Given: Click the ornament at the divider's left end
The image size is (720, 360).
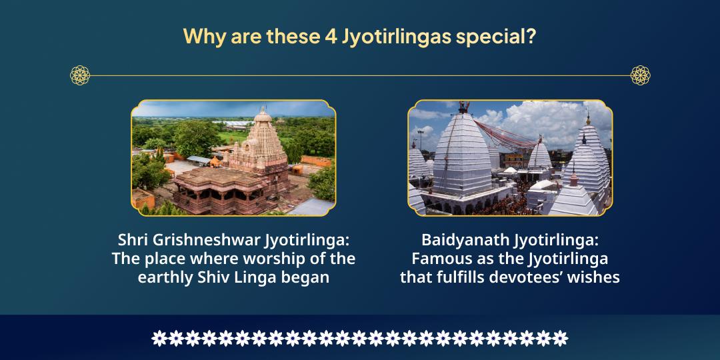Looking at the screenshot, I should (x=80, y=75).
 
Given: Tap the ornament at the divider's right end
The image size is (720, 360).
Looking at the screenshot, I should (x=640, y=75).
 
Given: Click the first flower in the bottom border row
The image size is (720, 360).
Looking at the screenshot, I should (x=159, y=338).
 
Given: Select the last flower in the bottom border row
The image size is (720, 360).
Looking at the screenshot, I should (x=560, y=338).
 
